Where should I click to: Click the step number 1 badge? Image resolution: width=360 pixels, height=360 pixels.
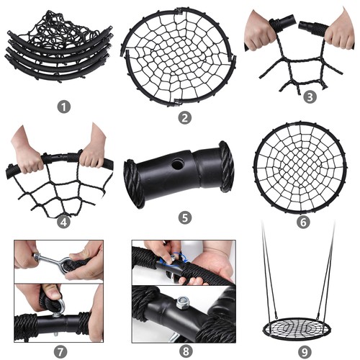coord(64,107)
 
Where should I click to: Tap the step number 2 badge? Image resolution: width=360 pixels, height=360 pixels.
coord(184,117)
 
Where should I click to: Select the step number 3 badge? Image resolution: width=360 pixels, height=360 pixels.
coord(310,97)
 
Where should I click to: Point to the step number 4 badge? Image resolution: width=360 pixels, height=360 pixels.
coord(63,222)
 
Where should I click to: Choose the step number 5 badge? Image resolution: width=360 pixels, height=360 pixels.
coord(185,217)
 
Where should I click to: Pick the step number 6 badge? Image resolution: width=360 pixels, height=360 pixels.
coord(303,222)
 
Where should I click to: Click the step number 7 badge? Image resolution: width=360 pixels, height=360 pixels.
coord(60,352)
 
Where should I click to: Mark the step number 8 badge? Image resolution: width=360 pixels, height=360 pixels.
coord(186,351)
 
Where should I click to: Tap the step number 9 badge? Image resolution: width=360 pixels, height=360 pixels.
coord(305,352)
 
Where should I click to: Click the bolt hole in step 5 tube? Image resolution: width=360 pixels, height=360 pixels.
coord(177,164)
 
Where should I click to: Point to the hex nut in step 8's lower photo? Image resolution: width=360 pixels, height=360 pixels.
coord(182,302)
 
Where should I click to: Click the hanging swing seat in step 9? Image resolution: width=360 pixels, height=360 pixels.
coord(297,327)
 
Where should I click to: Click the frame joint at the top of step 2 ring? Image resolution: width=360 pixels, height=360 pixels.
coord(178,11)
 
